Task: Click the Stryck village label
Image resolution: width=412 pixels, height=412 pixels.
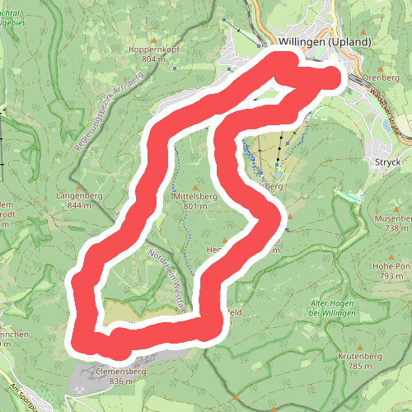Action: [386, 162]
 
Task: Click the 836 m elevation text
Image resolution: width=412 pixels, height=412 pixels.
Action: [120, 382]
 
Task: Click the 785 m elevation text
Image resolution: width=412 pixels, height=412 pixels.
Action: [361, 366]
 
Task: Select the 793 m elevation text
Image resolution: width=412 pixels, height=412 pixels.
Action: [391, 277]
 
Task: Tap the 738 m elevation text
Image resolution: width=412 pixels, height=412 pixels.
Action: [391, 228]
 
